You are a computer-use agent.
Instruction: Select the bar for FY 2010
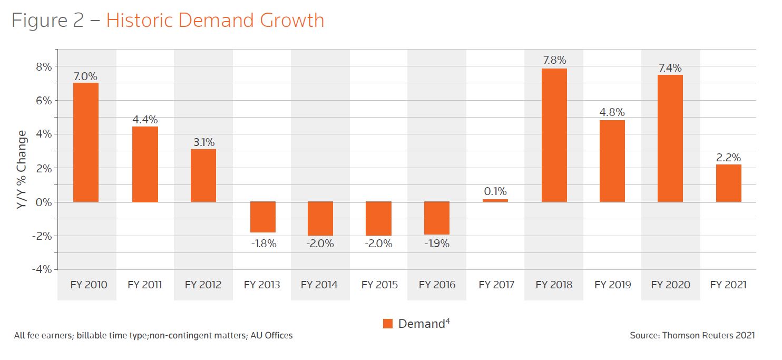(x=86, y=142)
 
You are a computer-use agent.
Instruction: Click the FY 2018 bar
(x=554, y=135)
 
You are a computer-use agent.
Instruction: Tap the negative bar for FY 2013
(x=262, y=217)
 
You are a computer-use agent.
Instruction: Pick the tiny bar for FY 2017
(x=495, y=200)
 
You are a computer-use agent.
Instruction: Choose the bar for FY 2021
(x=728, y=183)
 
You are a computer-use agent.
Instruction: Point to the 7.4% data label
(x=670, y=68)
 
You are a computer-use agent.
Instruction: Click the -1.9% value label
(x=437, y=244)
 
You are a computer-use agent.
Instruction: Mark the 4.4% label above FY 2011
(x=145, y=120)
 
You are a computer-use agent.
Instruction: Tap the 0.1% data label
(x=495, y=191)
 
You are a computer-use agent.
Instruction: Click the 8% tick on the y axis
(x=44, y=66)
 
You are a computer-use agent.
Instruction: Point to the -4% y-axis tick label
(x=42, y=269)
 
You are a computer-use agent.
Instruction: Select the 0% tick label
(x=44, y=202)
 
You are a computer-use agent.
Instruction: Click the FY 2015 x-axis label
(x=379, y=285)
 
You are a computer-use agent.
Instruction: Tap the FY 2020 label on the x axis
(x=670, y=285)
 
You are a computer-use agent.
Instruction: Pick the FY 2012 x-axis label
(x=203, y=285)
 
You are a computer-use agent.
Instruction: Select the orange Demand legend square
(x=388, y=324)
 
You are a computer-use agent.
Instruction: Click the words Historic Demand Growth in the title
(x=215, y=20)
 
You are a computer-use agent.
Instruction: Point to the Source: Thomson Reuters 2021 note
(x=692, y=335)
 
